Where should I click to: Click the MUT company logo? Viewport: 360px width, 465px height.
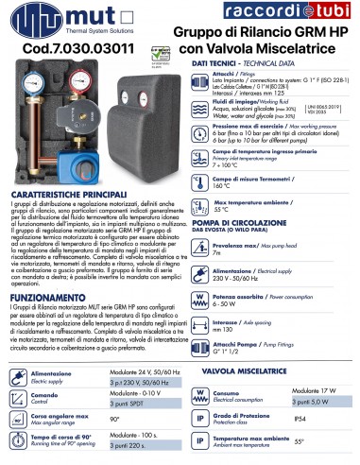click(47, 19)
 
